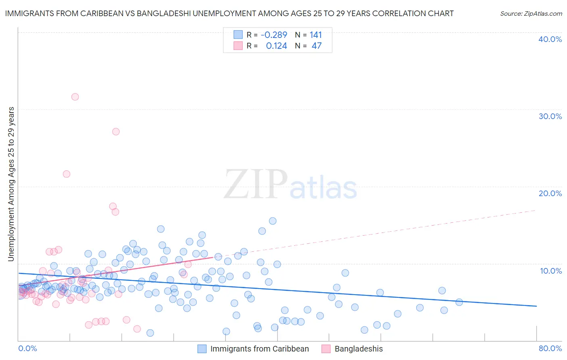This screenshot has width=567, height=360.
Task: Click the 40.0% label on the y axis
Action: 550,39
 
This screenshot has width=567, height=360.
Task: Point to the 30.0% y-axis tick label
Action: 550,116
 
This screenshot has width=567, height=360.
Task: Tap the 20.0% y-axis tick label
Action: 550,193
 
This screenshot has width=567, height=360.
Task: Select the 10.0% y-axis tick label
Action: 551,271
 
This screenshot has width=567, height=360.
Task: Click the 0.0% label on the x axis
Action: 27,348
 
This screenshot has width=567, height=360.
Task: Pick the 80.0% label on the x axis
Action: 550,348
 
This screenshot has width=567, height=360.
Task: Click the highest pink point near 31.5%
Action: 75,97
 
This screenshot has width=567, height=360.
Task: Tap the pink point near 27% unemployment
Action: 116,132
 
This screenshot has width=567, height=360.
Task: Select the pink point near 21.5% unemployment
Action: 67,174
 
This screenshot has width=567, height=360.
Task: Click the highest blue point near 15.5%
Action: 273,221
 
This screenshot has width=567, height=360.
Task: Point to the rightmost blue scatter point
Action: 459,302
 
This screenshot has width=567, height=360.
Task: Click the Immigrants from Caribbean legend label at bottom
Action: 259,349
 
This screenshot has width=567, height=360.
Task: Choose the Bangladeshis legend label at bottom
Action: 359,349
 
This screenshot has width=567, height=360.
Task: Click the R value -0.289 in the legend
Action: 274,35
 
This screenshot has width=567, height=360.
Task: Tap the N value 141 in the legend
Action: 316,35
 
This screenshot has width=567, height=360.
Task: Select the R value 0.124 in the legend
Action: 276,46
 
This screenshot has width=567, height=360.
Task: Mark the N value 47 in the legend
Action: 317,46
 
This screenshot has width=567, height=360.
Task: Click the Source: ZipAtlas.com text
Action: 531,13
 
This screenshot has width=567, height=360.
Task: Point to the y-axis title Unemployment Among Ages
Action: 11,184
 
